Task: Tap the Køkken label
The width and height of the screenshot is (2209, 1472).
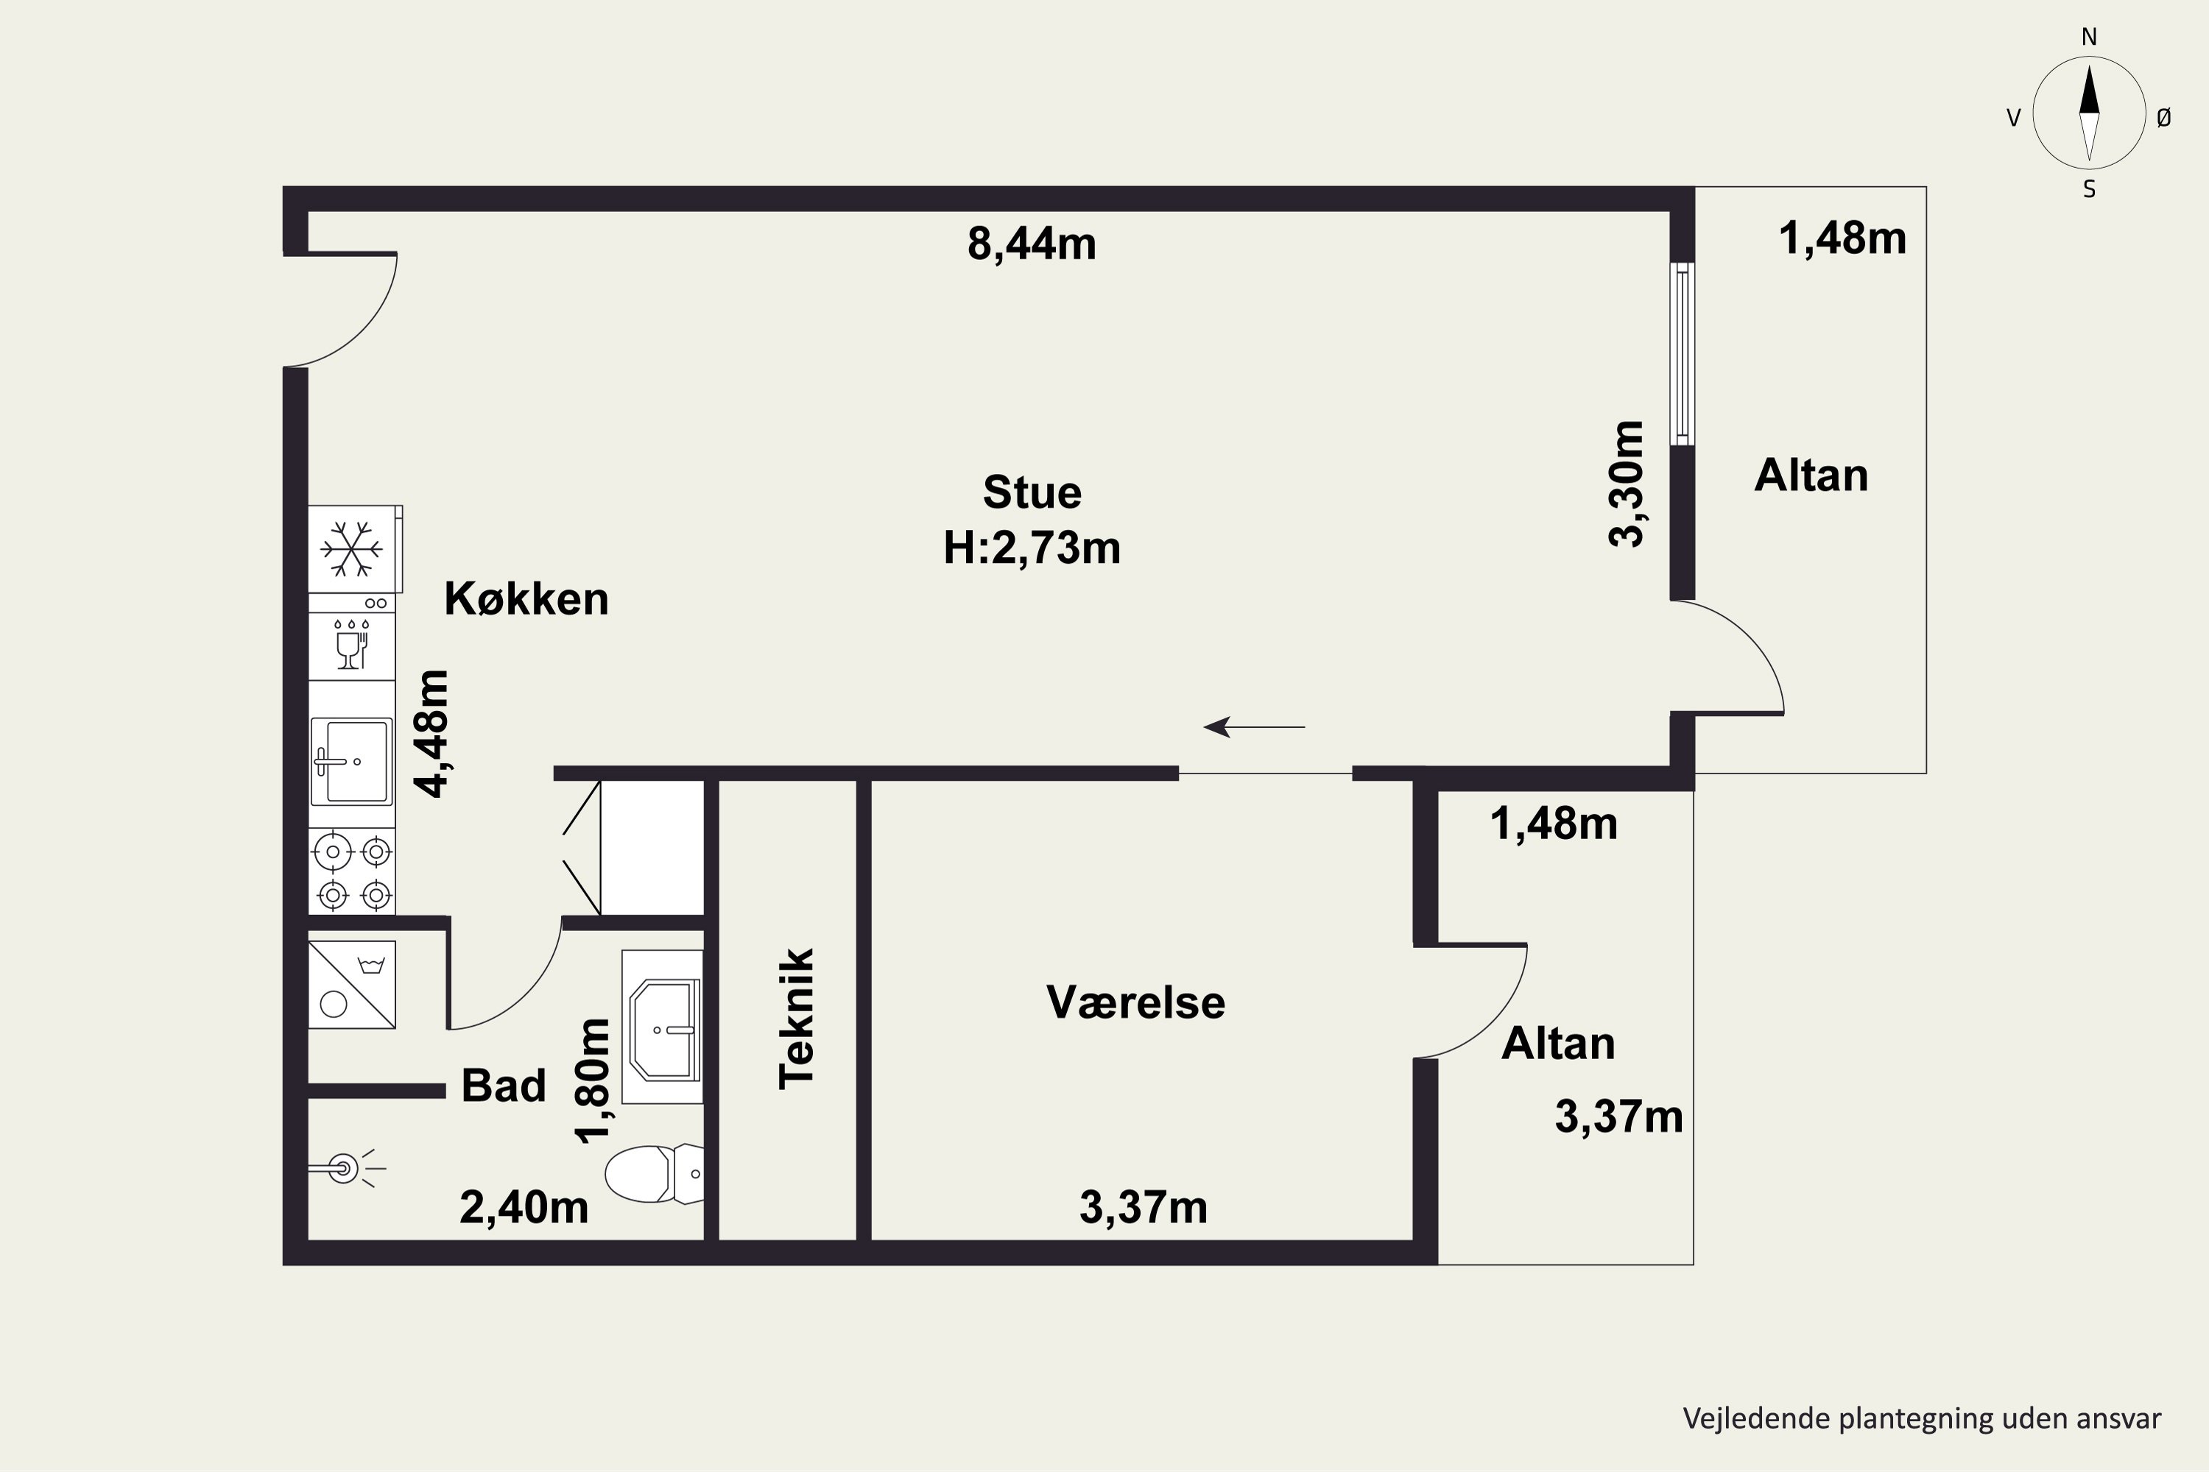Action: tap(526, 599)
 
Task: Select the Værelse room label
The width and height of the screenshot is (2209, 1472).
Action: tap(1135, 1002)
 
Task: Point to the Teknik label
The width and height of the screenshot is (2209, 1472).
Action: tap(797, 1019)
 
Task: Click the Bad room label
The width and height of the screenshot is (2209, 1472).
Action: tap(504, 1086)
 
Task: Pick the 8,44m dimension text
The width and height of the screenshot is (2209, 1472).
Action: tap(1032, 244)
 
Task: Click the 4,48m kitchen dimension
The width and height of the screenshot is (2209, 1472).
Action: tap(432, 733)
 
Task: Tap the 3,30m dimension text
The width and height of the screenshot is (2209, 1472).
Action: tap(1627, 484)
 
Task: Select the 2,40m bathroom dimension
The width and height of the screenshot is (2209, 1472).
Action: tap(524, 1207)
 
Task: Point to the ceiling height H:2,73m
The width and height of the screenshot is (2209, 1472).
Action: tap(1032, 548)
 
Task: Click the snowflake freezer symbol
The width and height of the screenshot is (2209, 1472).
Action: tap(351, 549)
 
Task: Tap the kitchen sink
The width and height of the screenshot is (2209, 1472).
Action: tap(352, 761)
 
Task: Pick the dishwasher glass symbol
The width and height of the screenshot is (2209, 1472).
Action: tap(351, 644)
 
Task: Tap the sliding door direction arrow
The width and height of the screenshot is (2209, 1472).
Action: tap(1255, 726)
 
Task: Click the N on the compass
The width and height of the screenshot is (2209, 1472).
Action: tap(2089, 38)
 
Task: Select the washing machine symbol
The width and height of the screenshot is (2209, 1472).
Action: tap(352, 985)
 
